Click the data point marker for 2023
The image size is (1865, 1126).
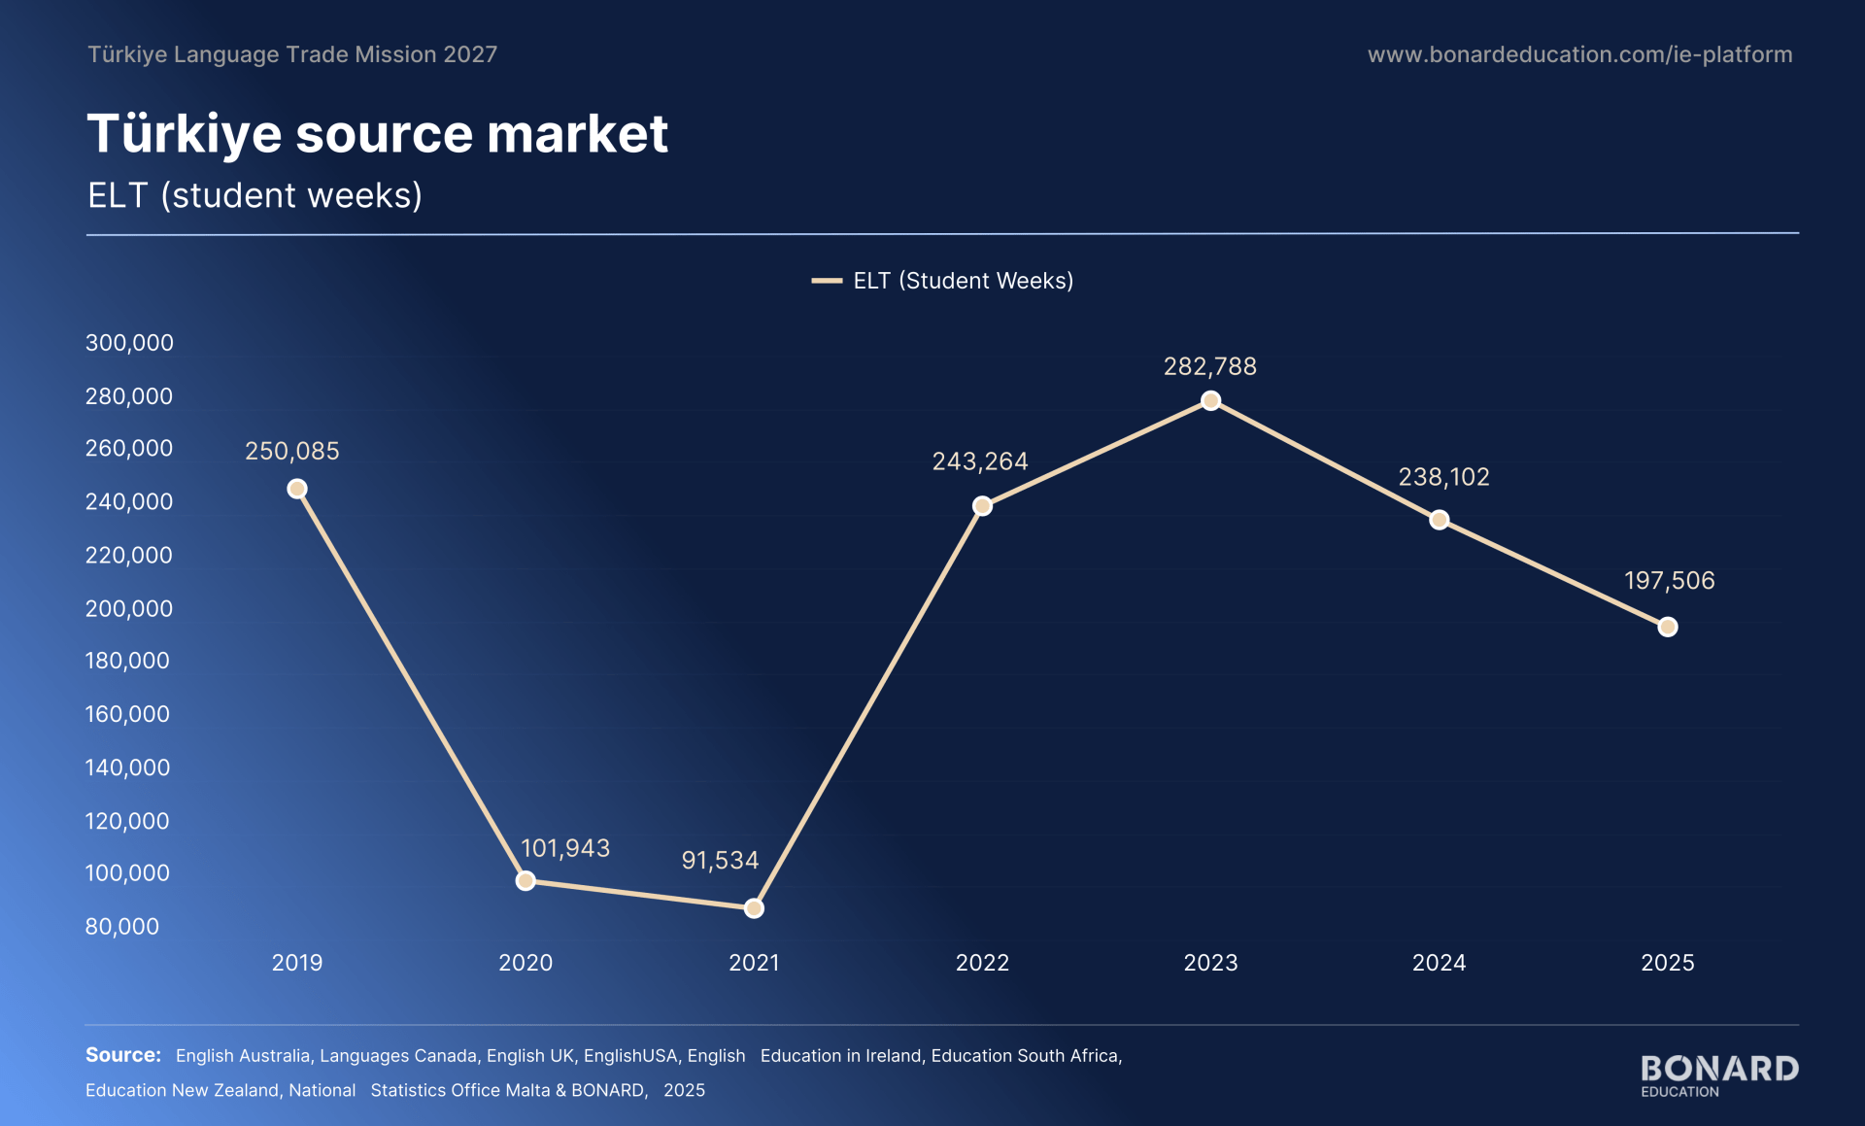pyautogui.click(x=1210, y=400)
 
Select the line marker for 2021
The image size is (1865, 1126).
pyautogui.click(x=754, y=908)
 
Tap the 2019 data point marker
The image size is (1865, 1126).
pyautogui.click(x=297, y=489)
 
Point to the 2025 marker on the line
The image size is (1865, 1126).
pyautogui.click(x=1668, y=627)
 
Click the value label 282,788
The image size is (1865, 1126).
pyautogui.click(x=1210, y=366)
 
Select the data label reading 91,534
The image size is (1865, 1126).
pyautogui.click(x=720, y=860)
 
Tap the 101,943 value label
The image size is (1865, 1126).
pyautogui.click(x=565, y=848)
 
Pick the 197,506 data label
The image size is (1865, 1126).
pyautogui.click(x=1670, y=580)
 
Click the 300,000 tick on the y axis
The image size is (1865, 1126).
pyautogui.click(x=129, y=342)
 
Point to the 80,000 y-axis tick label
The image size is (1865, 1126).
pyautogui.click(x=122, y=926)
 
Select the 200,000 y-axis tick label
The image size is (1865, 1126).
pyautogui.click(x=129, y=608)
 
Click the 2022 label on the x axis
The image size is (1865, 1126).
pyautogui.click(x=982, y=963)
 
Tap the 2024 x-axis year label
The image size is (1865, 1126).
pyautogui.click(x=1439, y=963)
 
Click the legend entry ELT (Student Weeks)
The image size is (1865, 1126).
pyautogui.click(x=943, y=281)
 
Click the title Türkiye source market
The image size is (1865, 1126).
pyautogui.click(x=378, y=133)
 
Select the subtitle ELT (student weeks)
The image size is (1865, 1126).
pyautogui.click(x=254, y=195)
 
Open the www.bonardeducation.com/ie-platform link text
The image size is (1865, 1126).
pyautogui.click(x=1580, y=54)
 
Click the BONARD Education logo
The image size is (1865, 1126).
pyautogui.click(x=1719, y=1075)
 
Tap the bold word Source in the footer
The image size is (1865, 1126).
pyautogui.click(x=123, y=1055)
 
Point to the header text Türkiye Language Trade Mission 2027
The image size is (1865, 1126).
pyautogui.click(x=292, y=54)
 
